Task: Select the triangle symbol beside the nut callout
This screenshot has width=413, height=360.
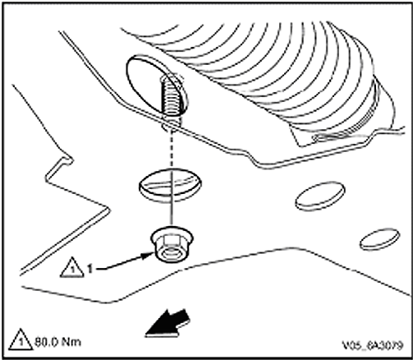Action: tap(71, 268)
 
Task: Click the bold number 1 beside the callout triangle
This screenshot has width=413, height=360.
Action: tap(90, 269)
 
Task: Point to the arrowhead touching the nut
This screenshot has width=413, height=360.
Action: tap(147, 256)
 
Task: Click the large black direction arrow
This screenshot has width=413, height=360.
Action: tap(167, 324)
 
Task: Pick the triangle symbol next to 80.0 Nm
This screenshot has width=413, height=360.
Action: tap(21, 339)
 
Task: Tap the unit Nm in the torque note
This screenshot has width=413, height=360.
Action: tap(71, 343)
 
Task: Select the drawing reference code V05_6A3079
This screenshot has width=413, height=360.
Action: tap(373, 345)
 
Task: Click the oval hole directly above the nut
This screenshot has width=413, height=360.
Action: tap(170, 186)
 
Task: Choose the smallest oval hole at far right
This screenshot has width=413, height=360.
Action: tap(379, 240)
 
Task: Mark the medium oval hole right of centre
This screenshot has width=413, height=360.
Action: tap(320, 196)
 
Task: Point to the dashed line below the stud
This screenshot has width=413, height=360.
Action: tap(172, 148)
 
